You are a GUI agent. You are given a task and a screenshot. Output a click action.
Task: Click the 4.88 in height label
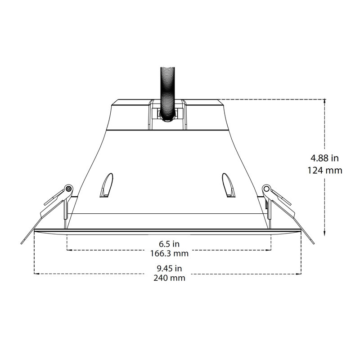click(324, 158)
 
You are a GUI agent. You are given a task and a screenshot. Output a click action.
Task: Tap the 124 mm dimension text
click(324, 171)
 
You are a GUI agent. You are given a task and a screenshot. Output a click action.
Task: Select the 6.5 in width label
click(169, 244)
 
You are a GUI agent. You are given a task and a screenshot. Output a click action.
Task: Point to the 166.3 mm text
click(169, 253)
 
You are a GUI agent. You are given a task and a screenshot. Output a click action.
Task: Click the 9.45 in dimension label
click(169, 268)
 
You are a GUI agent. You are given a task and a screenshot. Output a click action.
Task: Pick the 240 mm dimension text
click(169, 278)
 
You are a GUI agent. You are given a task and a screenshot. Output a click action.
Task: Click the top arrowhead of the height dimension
click(324, 101)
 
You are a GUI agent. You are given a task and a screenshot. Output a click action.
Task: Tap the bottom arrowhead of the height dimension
click(324, 234)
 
